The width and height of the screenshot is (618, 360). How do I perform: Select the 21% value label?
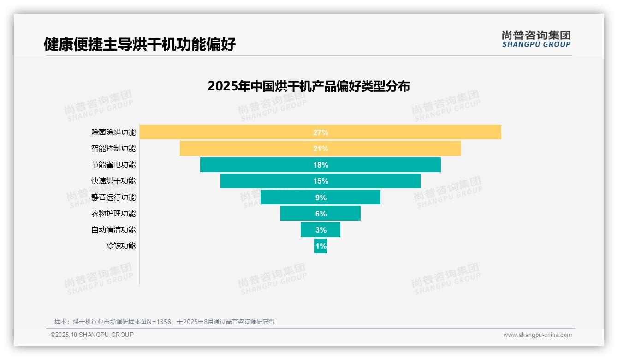321,149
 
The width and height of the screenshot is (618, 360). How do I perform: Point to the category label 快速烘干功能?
113,181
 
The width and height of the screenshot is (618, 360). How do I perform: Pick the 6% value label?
321,214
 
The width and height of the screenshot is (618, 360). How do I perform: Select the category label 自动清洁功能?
113,230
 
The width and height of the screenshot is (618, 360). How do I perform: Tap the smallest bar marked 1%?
321,246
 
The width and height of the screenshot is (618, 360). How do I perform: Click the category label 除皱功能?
121,246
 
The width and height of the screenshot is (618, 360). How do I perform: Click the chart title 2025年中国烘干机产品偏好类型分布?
309,86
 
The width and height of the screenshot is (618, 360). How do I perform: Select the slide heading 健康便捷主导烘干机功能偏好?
140,44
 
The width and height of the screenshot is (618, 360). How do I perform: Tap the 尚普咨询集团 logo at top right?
536,39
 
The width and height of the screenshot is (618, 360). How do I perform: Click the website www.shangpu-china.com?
537,335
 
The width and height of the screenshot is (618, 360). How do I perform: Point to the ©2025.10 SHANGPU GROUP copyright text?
92,335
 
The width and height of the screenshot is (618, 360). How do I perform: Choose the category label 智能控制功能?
113,149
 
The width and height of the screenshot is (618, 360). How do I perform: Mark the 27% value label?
321,132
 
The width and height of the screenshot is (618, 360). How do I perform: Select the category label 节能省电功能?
113,165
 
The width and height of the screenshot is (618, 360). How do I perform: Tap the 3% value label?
321,230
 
